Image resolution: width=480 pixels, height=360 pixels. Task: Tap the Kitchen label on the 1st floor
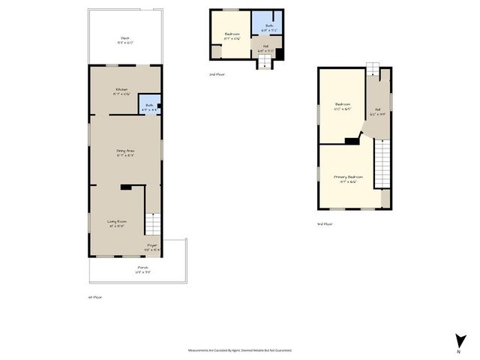pos(122,91)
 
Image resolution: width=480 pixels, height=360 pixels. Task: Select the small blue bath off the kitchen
pos(150,106)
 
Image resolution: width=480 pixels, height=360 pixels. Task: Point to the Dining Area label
pos(124,153)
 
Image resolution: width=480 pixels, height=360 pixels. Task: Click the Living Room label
pos(115,221)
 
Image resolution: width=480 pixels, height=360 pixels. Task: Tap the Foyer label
pos(152,247)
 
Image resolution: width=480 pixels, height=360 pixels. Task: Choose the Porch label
pos(142,268)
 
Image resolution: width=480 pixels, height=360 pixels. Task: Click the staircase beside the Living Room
pos(153,223)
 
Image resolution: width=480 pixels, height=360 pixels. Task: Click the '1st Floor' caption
pos(94,297)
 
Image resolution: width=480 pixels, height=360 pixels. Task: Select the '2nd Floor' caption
pos(217,74)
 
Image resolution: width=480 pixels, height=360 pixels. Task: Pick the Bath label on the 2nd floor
pos(268,27)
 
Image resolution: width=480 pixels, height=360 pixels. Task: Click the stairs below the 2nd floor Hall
pos(264,64)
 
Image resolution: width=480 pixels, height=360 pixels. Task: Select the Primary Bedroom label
pos(345,178)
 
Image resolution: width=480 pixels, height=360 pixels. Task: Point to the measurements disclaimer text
pos(239,350)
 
